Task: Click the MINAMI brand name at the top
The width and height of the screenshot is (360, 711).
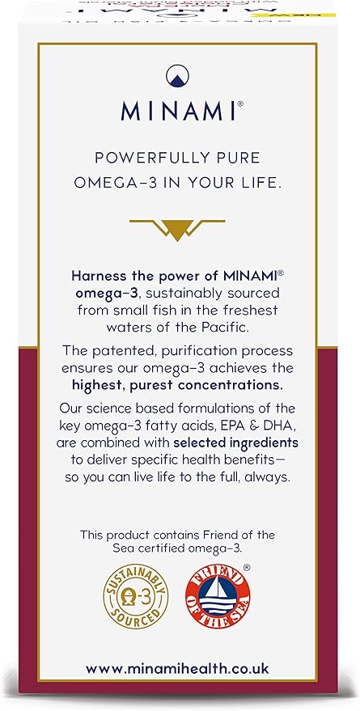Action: coord(179,109)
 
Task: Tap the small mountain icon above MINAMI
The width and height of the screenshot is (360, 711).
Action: coord(180,76)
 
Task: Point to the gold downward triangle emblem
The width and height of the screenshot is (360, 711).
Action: coord(179,231)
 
